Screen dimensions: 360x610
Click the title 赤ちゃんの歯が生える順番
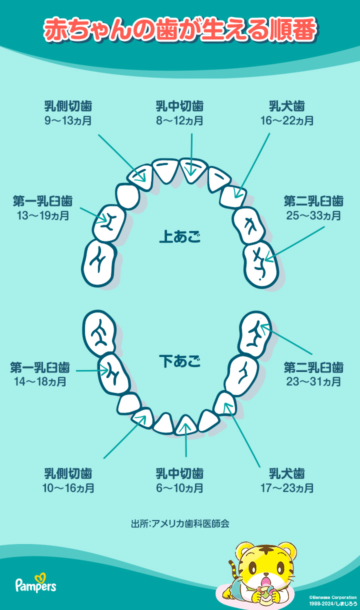pos(180,29)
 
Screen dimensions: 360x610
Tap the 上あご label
pos(179,236)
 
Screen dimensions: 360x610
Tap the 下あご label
pos(179,361)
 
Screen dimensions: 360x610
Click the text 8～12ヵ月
pos(179,120)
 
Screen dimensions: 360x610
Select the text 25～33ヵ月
pos(313,215)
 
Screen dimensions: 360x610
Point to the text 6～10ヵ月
pos(179,488)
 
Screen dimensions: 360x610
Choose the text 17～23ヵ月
pos(286,488)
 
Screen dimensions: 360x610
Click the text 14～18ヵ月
pos(40,381)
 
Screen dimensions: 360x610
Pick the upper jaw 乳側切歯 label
pos(68,106)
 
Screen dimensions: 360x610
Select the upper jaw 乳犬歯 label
pos(286,106)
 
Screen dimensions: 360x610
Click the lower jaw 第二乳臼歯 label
pos(313,367)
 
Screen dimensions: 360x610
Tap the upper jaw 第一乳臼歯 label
pos(43,201)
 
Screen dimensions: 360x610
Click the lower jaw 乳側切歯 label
pos(68,473)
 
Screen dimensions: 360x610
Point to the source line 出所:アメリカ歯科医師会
pos(180,523)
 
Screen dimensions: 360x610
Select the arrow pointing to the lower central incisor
pos(186,438)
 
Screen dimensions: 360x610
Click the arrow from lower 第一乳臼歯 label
pos(92,370)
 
